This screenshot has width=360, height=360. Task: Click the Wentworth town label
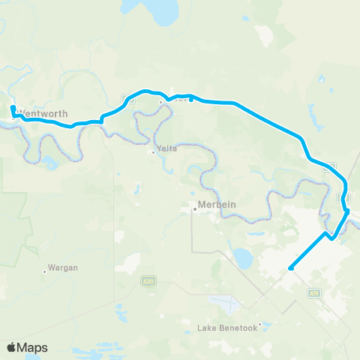(46, 113)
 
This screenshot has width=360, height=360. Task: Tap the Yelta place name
(168, 148)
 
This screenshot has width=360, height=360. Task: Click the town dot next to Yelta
(154, 152)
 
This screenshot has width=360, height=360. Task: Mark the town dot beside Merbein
(195, 209)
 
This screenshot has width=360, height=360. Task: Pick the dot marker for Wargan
(44, 271)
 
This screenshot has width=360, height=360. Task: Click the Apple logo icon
(12, 347)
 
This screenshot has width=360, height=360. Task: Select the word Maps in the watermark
(34, 347)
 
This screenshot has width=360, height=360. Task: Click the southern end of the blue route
(289, 268)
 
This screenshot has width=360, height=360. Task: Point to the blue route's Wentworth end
(13, 109)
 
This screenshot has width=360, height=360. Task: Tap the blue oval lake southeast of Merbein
(241, 259)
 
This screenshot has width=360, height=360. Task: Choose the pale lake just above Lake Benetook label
(225, 304)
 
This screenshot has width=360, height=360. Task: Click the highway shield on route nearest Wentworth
(127, 97)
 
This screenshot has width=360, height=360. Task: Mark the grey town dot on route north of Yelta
(160, 103)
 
